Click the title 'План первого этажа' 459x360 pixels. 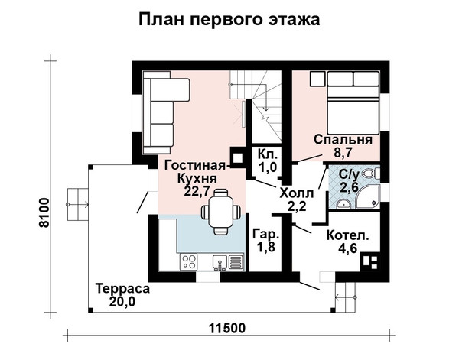(229, 20)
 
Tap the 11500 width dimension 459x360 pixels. (227, 329)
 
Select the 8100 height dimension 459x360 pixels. (44, 212)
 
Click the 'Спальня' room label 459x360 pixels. (343, 140)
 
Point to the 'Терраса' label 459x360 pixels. (122, 289)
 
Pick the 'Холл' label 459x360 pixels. (297, 193)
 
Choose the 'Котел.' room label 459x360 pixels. (348, 235)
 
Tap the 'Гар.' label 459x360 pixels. (266, 234)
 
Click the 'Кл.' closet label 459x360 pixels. (267, 154)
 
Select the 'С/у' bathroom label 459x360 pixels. (349, 174)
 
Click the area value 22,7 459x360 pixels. (197, 191)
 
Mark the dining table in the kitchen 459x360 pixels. (221, 212)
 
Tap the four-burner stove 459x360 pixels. (189, 261)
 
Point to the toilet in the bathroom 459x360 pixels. (370, 174)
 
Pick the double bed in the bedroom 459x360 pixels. (353, 103)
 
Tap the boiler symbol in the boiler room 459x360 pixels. (370, 261)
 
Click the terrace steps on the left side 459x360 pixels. (78, 204)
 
